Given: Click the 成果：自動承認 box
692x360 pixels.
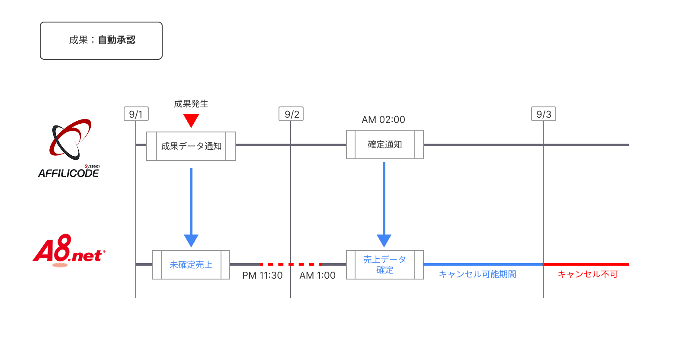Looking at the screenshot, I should click(x=101, y=41).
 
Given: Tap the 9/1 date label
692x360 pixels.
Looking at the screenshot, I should click(x=136, y=114).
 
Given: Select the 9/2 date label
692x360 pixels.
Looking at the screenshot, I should click(x=292, y=114).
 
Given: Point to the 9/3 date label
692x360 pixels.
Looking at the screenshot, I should click(x=543, y=114).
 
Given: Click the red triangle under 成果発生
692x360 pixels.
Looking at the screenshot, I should click(x=191, y=120).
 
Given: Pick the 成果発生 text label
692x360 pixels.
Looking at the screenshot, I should click(x=191, y=104).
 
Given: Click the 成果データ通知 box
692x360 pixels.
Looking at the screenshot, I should click(x=191, y=146).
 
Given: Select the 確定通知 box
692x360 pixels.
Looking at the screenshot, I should click(x=384, y=145).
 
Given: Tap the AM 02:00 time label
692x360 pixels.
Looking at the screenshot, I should click(x=383, y=120).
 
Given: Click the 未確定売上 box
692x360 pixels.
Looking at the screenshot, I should click(x=191, y=265).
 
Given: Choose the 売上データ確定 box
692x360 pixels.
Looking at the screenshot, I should click(x=384, y=265).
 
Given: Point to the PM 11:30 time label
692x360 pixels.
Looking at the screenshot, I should click(x=262, y=276).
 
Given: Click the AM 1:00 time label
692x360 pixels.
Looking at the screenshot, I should click(x=317, y=276).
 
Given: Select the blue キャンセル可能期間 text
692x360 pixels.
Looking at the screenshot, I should click(x=477, y=274).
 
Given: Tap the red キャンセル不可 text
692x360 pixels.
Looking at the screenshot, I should click(x=587, y=274).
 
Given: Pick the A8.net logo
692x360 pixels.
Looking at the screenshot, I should click(x=69, y=251).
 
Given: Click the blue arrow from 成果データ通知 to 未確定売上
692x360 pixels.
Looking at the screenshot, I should click(x=191, y=203).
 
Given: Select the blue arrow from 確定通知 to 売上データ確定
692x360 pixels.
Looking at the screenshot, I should click(x=384, y=201).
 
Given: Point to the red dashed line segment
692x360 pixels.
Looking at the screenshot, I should click(x=291, y=264).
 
